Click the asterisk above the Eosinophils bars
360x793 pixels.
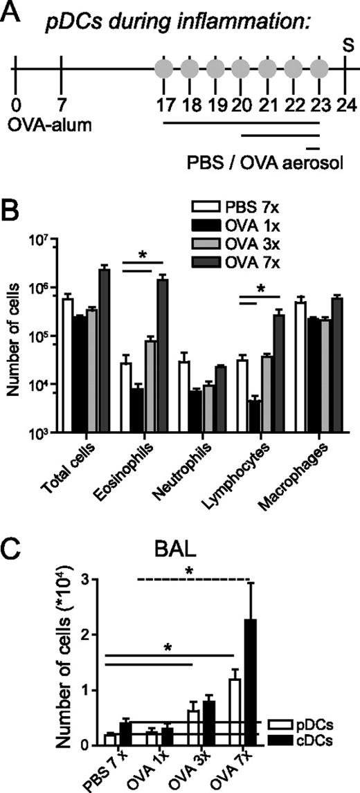click(x=142, y=255)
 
